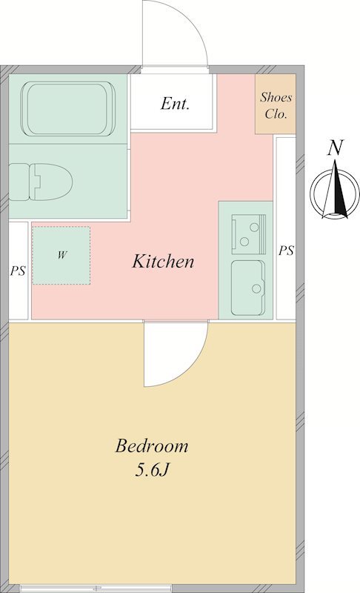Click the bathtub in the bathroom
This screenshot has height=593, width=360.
[68, 109]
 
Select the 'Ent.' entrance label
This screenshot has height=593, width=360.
[175, 103]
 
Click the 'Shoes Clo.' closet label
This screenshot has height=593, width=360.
[276, 105]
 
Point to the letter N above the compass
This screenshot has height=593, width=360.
[335, 148]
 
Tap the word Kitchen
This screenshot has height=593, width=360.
[163, 262]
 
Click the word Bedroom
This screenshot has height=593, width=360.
[151, 445]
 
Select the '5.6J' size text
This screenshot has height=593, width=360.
[151, 470]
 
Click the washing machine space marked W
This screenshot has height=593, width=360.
[61, 255]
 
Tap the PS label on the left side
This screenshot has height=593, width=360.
[18, 271]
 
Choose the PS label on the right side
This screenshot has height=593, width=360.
[286, 251]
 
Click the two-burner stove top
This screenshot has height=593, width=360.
[249, 234]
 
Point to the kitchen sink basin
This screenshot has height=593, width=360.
[248, 288]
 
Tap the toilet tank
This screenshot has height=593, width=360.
[19, 182]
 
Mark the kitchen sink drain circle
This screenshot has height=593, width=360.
[256, 288]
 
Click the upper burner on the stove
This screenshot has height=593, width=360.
[254, 228]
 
